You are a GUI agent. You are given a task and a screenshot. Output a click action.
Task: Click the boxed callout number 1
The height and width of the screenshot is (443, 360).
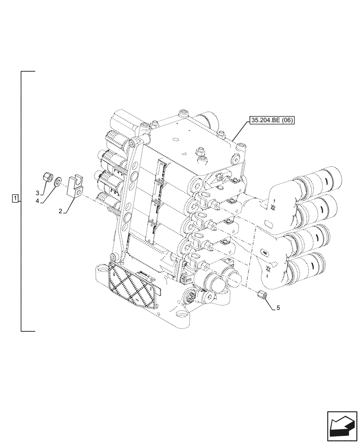16,198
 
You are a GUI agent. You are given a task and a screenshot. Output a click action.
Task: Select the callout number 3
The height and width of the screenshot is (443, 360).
38,193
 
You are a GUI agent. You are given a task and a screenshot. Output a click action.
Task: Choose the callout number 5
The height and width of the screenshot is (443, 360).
278,307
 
